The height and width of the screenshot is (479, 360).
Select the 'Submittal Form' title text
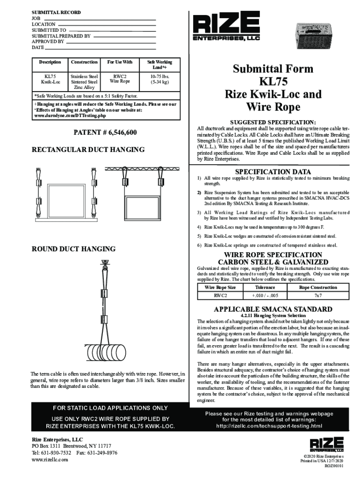point(273,69)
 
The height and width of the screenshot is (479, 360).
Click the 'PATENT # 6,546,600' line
point(105,133)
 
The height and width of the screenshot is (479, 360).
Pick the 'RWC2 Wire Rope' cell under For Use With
point(119,79)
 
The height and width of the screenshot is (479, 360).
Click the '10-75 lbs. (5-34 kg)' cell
point(159,79)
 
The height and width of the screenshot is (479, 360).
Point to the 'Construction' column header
point(84,62)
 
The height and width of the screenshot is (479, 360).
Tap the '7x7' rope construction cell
point(318,296)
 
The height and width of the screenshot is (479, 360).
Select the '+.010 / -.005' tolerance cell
point(265,296)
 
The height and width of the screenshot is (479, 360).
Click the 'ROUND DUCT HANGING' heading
point(73,248)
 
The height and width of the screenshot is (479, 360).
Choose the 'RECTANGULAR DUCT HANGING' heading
point(88,150)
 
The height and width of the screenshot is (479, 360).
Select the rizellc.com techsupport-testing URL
point(269,426)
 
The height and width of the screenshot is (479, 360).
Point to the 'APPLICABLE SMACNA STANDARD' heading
point(273,309)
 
